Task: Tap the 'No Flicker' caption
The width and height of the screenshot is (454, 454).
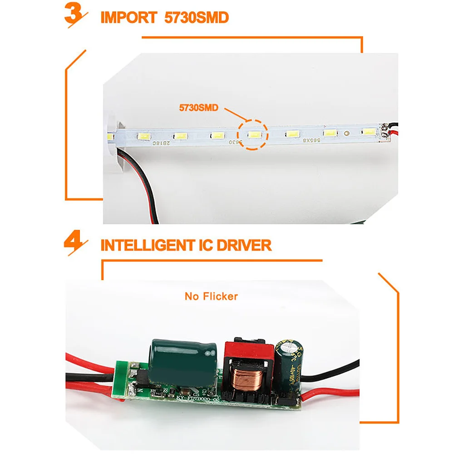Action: [x=211, y=296]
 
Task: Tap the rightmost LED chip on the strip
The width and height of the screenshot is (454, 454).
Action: [x=369, y=132]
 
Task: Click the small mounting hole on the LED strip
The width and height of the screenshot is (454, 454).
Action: [x=346, y=134]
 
